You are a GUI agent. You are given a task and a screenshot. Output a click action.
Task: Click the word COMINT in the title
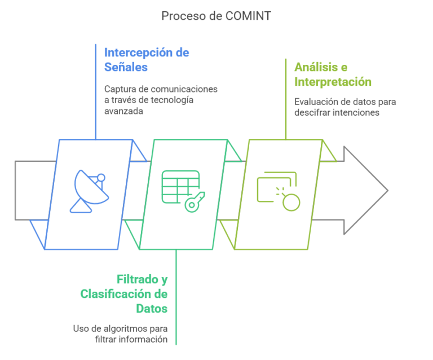pyautogui.click(x=248, y=16)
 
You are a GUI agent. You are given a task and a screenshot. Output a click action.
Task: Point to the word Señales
pyautogui.click(x=126, y=67)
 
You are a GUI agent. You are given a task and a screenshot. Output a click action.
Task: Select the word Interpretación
pyautogui.click(x=333, y=82)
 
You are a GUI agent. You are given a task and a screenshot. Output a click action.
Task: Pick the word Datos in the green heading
pyautogui.click(x=152, y=309)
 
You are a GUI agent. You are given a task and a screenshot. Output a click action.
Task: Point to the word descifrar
pyautogui.click(x=315, y=112)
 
